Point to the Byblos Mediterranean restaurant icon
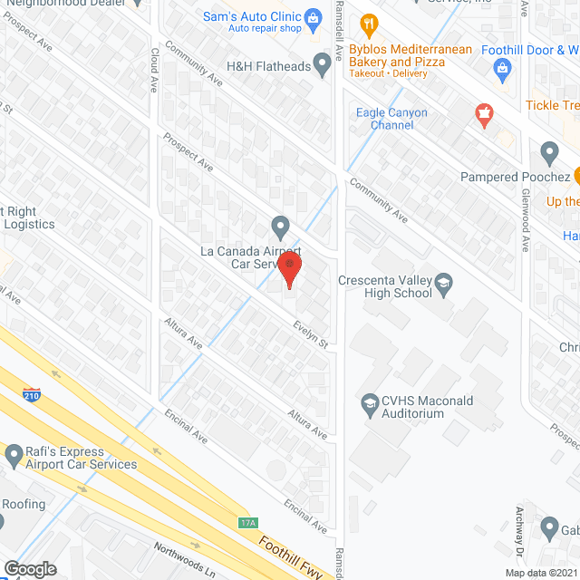point(368,23)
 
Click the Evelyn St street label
point(310,335)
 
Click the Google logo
point(29,569)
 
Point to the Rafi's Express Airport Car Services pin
point(12,456)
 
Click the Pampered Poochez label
point(514,176)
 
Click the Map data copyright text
point(540,573)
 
